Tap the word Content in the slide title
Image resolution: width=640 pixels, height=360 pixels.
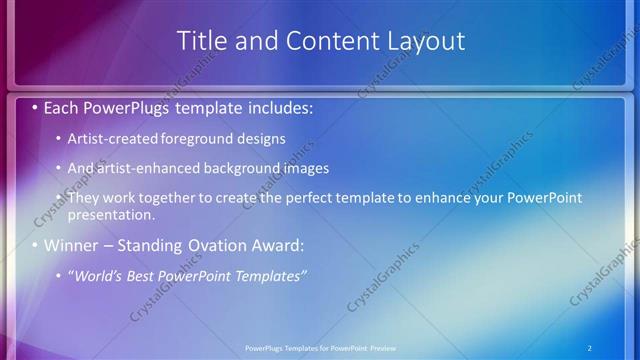coord(322,41)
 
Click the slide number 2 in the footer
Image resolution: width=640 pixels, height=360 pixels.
coord(590,347)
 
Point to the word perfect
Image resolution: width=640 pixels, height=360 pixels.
coord(315,198)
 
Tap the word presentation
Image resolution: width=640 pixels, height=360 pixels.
coord(110,214)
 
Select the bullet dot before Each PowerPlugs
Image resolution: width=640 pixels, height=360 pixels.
coord(36,105)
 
